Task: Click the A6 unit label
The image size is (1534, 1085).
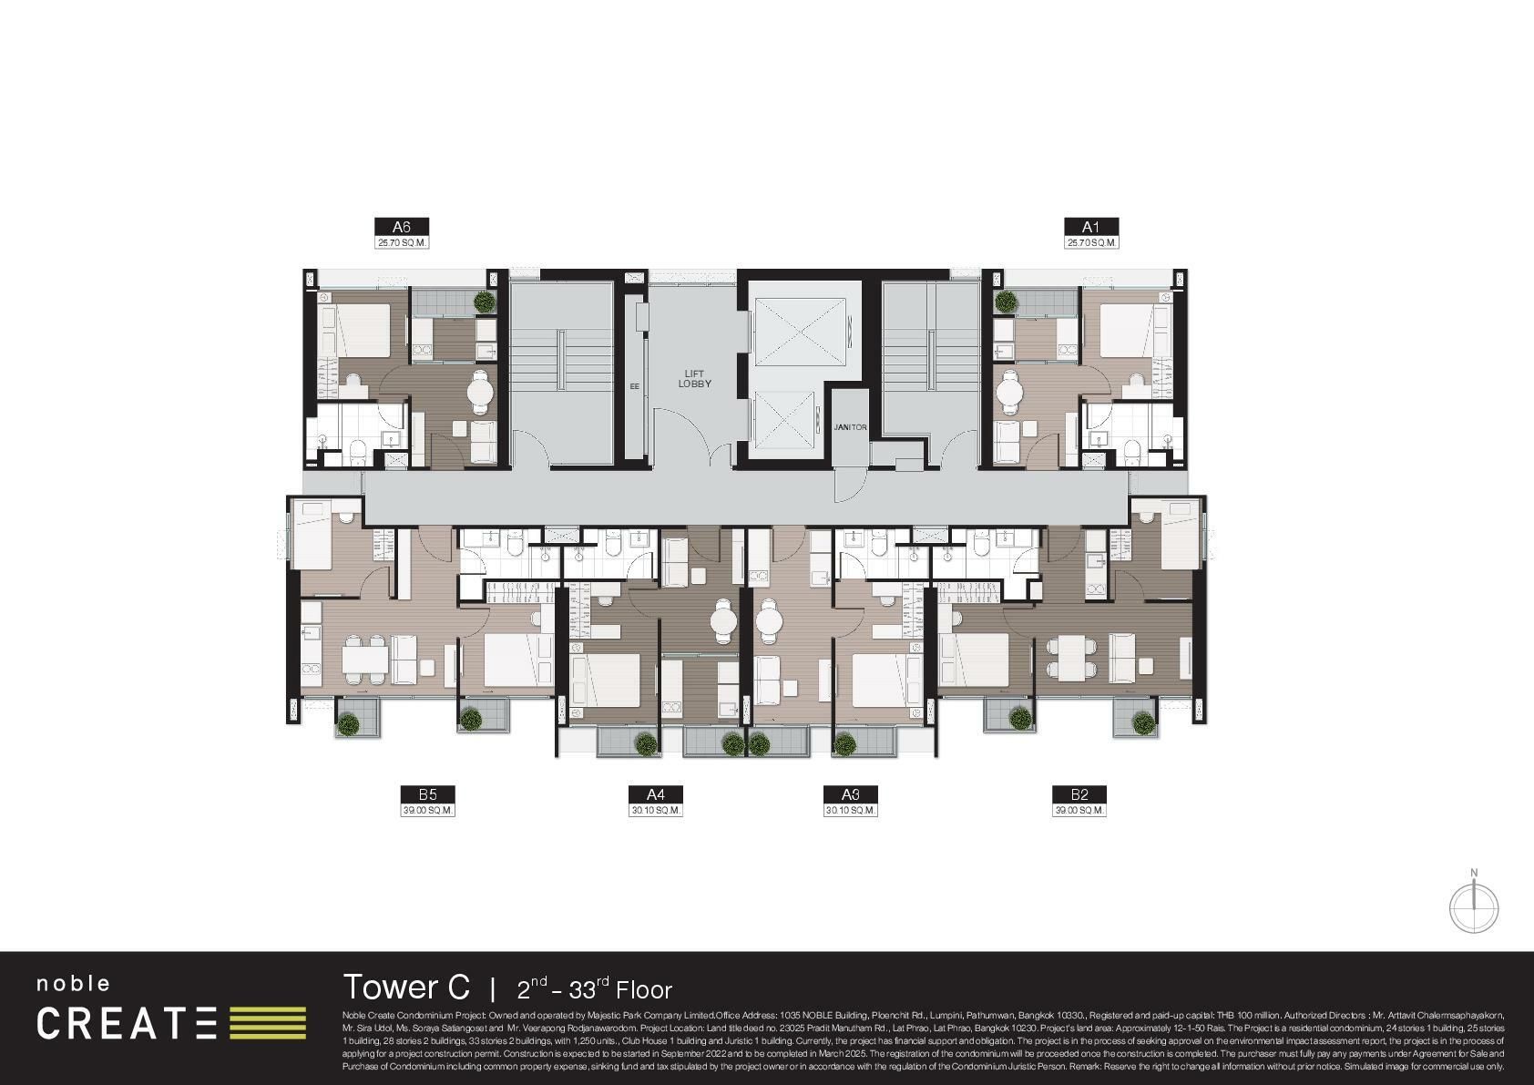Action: pos(401,227)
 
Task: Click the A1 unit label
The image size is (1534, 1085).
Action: pos(1090,227)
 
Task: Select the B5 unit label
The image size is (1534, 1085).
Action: pos(427,794)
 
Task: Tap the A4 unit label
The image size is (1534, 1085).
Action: pos(655,794)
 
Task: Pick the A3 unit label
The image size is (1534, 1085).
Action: pos(851,794)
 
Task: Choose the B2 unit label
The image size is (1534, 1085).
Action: pos(1079,794)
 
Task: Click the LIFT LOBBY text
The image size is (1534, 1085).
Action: pos(694,379)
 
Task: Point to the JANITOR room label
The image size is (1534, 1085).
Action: pos(850,427)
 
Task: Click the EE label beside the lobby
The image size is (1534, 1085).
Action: pos(634,386)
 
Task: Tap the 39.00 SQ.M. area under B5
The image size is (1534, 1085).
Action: pos(427,810)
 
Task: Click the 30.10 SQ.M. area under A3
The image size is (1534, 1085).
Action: pos(851,810)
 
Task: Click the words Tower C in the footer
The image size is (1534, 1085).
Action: pos(406,987)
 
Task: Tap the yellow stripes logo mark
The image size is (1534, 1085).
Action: pos(267,1022)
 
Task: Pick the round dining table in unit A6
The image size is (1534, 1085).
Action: pos(481,393)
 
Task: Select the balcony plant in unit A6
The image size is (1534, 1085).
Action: pos(483,302)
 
